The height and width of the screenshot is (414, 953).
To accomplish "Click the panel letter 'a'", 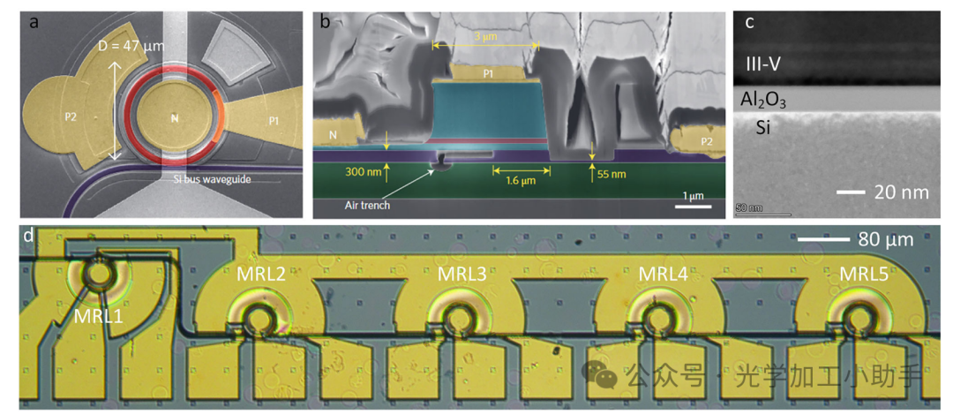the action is point(34,23).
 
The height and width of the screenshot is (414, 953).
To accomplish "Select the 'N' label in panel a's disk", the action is point(175,117).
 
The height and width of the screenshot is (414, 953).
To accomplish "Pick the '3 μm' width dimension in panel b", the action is point(484,37).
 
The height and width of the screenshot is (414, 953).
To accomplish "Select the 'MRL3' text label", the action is point(461,273).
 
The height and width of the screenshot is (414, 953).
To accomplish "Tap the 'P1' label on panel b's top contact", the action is point(488,74).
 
